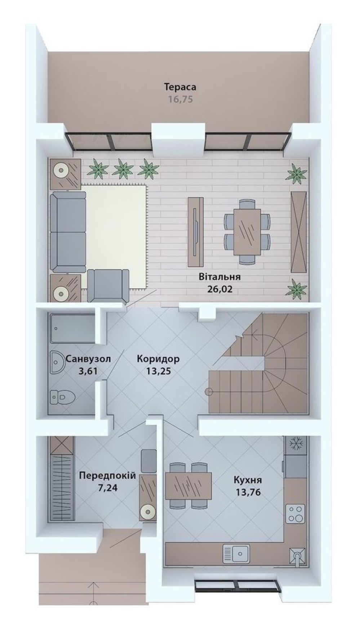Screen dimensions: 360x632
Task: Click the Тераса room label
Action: click(180, 87)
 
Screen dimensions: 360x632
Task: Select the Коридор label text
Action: click(158, 359)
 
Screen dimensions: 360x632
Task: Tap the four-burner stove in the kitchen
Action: click(295, 514)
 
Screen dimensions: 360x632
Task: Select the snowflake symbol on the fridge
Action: click(295, 444)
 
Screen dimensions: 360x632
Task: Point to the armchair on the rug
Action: click(108, 286)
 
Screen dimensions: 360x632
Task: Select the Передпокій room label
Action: click(107, 476)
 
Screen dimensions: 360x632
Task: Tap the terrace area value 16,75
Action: click(181, 99)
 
